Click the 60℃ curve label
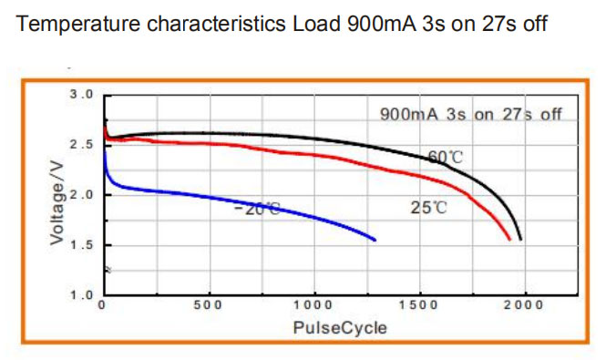coord(446,157)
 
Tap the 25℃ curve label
coord(428,208)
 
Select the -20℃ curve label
coord(257,209)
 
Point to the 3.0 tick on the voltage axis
coord(81,95)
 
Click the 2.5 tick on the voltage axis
coord(81,145)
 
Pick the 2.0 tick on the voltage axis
coord(81,194)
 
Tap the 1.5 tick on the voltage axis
coord(81,245)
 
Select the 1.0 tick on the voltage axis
coord(81,295)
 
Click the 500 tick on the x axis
coord(208,305)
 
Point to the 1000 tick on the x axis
coord(313,305)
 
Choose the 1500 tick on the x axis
coord(418,305)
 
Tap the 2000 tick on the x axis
coord(523,305)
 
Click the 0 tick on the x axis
coord(102,305)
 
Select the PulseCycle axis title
coord(340,328)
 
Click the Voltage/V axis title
coord(57,203)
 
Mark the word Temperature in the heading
coord(78,24)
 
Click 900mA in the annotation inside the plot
coord(409,115)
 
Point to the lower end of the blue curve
coord(375,241)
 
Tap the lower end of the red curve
coord(509,240)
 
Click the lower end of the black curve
coord(520,240)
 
